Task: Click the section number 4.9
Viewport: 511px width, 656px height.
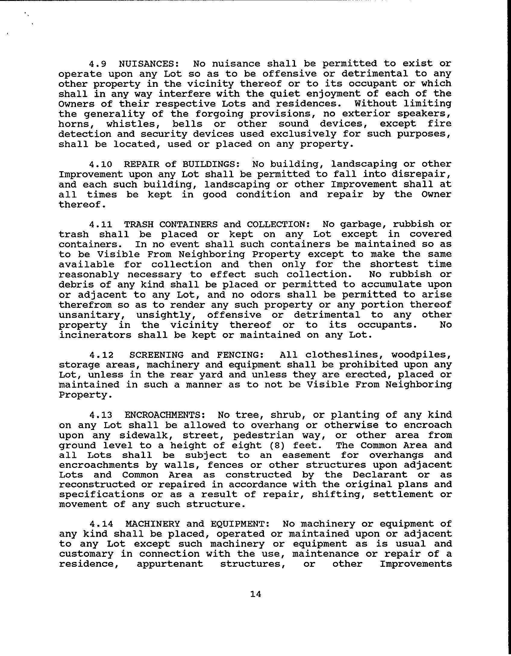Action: tap(97, 64)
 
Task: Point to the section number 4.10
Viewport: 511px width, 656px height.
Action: tap(101, 164)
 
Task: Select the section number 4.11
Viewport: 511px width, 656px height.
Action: tap(101, 225)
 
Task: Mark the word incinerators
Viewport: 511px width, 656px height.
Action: tap(95, 335)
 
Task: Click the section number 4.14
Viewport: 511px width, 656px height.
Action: tap(101, 524)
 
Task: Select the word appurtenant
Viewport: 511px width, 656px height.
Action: tap(170, 564)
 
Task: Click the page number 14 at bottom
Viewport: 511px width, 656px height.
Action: tap(255, 594)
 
